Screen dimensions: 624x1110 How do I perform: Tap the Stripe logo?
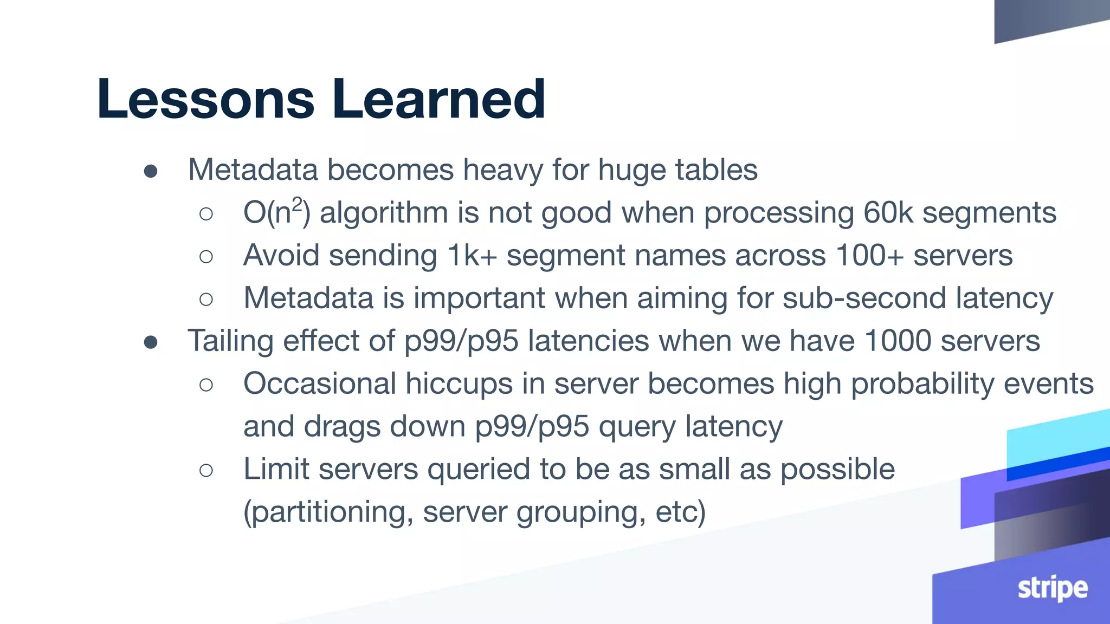click(1052, 588)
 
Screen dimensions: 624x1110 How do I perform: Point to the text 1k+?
click(472, 255)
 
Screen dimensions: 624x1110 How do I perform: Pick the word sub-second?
click(864, 298)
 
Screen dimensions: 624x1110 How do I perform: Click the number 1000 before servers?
click(898, 341)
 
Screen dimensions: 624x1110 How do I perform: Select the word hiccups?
click(459, 383)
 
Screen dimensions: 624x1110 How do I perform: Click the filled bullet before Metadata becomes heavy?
click(151, 172)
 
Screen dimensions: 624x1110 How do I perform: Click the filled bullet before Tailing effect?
click(151, 342)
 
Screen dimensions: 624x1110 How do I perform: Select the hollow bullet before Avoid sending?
click(206, 256)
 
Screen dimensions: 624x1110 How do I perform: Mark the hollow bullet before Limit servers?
click(206, 470)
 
